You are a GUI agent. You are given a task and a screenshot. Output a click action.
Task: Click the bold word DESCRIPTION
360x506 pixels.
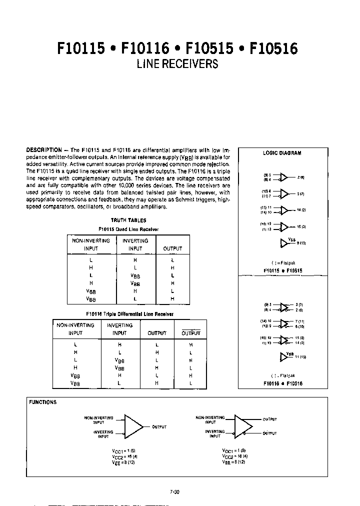coord(43,150)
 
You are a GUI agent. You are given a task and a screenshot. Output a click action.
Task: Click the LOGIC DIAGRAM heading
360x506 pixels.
coord(282,153)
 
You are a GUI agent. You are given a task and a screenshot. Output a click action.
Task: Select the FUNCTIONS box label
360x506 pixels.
coord(42,402)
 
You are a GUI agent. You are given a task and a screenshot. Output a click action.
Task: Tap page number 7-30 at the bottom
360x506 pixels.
coord(174,491)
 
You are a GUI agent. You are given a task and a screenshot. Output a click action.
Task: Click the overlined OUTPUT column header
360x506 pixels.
coord(190,333)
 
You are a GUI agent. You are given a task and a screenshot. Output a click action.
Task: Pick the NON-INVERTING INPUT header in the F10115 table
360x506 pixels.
coord(91,244)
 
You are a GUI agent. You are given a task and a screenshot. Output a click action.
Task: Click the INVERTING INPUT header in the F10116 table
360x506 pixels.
coord(119,329)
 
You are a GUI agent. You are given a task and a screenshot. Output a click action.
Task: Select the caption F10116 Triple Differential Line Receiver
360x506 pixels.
coord(129,314)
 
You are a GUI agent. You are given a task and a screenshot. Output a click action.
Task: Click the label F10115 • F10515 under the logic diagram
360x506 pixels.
coord(283,270)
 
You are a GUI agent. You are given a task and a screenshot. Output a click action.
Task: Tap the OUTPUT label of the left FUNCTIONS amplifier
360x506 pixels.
coord(158,427)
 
